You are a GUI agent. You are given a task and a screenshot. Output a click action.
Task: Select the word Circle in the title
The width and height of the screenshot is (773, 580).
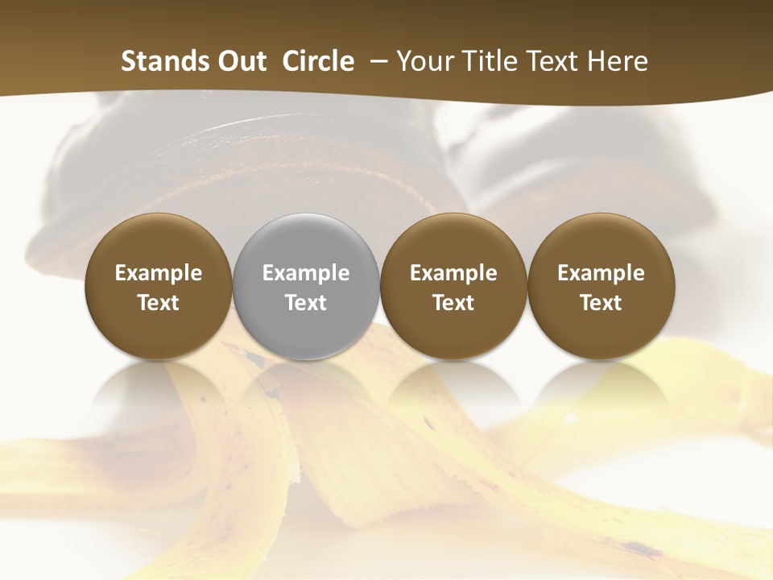click(318, 61)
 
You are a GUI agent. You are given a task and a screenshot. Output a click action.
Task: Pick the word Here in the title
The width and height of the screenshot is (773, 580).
click(617, 61)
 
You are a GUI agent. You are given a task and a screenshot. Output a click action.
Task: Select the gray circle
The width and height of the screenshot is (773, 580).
click(306, 287)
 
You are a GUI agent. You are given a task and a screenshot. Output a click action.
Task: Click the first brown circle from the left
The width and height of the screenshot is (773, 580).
click(159, 287)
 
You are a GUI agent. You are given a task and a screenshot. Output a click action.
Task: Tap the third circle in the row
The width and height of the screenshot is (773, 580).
click(453, 287)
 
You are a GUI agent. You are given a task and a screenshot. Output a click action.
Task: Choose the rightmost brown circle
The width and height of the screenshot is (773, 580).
click(601, 287)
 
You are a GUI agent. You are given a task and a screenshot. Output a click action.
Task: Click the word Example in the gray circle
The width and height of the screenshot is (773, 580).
click(306, 273)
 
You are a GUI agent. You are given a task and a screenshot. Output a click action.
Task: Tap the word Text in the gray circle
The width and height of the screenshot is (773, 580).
click(306, 303)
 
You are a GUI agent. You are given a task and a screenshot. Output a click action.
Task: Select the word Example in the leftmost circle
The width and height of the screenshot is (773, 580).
click(159, 273)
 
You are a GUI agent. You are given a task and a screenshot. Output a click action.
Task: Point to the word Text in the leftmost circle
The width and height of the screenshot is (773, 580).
click(159, 303)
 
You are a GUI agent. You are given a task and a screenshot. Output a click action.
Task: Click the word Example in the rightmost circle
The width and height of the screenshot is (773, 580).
click(601, 273)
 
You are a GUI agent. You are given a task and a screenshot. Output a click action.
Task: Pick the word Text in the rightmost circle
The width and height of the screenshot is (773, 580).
click(601, 303)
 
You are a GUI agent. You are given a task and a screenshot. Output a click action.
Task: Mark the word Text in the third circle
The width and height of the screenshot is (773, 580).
click(453, 303)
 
